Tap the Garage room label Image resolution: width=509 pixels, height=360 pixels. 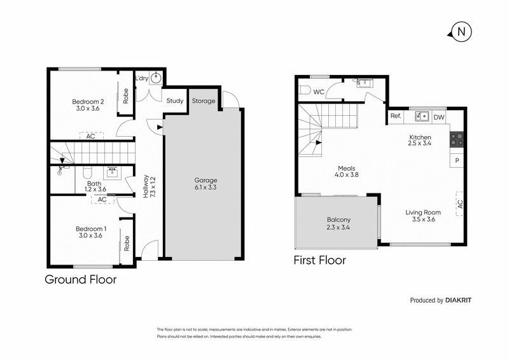point(206,184)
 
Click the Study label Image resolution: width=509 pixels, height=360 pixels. point(175,100)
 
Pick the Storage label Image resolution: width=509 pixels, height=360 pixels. point(204,100)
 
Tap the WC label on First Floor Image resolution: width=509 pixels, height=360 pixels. point(319,92)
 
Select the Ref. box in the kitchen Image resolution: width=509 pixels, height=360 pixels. point(396,116)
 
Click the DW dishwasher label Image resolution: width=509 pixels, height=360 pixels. point(438,117)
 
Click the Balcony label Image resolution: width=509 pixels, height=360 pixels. point(338,223)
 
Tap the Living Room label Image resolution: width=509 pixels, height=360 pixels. point(423,216)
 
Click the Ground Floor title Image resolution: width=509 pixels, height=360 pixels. point(80,279)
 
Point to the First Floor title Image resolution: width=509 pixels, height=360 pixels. point(319,260)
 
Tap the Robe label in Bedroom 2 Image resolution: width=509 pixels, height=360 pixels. point(125,95)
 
